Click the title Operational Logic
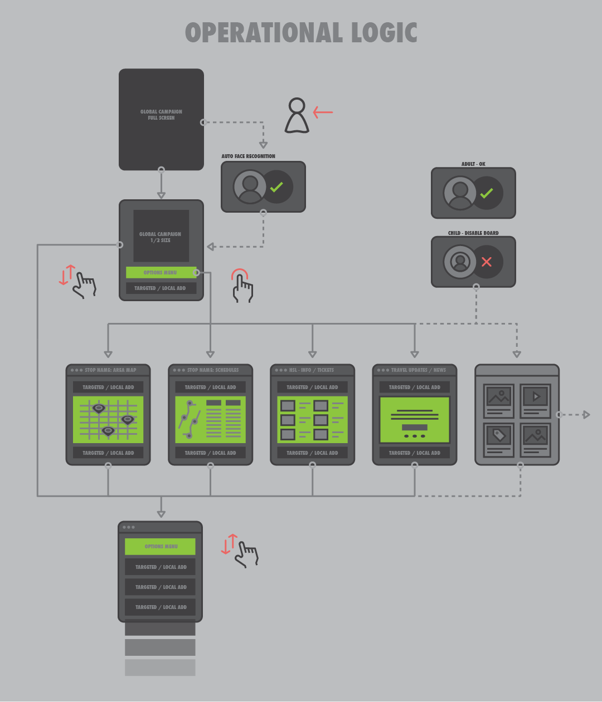(301, 33)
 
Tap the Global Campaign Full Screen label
(161, 115)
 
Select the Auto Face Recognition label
(248, 156)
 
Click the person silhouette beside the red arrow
(297, 116)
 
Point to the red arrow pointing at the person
(323, 112)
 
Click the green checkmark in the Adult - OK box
(487, 193)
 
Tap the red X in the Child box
(487, 262)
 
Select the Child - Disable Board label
(473, 233)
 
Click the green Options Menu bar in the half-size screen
(161, 273)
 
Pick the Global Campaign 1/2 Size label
(161, 237)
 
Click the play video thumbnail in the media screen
(536, 397)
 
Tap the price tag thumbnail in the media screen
(499, 435)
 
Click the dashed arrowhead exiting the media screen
(586, 415)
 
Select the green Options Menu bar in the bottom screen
(161, 547)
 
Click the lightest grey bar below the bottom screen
(160, 667)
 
